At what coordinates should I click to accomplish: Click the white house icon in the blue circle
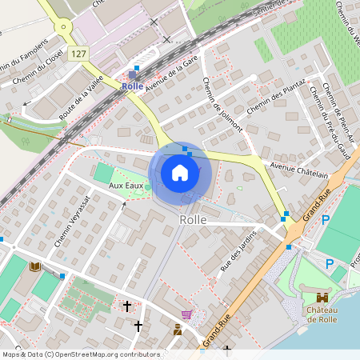tap(180, 172)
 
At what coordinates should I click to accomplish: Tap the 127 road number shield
tap(78, 54)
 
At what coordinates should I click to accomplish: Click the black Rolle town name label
tap(193, 219)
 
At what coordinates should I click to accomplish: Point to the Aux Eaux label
tap(126, 186)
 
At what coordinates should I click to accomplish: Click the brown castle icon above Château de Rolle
tap(322, 297)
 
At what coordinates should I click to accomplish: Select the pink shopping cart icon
tap(187, 314)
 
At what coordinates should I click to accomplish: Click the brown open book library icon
tap(34, 266)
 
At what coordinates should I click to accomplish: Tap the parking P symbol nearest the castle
tap(329, 263)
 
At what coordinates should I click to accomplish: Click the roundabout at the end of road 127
tap(62, 26)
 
